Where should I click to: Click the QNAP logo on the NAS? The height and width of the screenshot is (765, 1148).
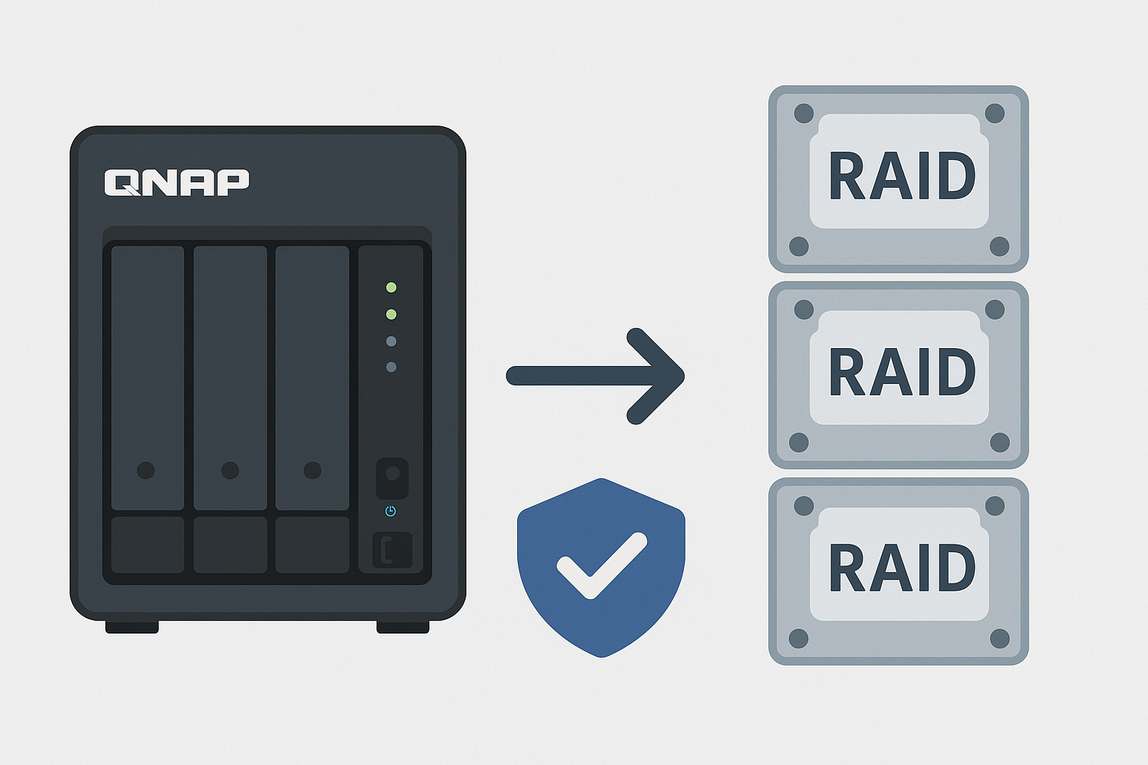coord(176,182)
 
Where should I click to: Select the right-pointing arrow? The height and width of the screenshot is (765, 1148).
coord(596,376)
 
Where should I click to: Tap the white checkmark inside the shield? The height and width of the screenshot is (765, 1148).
coord(601,565)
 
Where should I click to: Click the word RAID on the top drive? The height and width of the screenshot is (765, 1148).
coord(901,176)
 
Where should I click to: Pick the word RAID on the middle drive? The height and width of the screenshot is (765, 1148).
coord(901,372)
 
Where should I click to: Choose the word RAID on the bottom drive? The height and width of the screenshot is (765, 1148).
coord(901,569)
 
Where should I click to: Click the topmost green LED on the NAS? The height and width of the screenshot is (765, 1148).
coord(391,288)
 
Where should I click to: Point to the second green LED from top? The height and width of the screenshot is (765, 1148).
coord(391,315)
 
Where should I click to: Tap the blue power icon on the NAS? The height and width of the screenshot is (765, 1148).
coord(390,511)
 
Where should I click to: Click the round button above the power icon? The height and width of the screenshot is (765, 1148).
coord(392,474)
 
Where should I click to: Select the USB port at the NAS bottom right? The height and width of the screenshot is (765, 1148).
coord(392,551)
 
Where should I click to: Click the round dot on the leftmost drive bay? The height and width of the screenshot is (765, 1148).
coord(146,470)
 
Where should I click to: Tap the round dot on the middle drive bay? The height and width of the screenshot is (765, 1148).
coord(230,470)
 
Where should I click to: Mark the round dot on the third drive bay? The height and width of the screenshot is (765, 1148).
coord(312,470)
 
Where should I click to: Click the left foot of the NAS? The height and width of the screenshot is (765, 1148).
coord(132,628)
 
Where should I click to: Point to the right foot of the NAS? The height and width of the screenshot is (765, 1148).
coord(402,628)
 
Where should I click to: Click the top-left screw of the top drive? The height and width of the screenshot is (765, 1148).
coord(803,114)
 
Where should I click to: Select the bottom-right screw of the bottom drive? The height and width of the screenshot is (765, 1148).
coord(1000,639)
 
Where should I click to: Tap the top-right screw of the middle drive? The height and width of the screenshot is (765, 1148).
coord(995,309)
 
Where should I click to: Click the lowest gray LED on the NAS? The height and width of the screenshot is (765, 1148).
coord(391,367)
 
